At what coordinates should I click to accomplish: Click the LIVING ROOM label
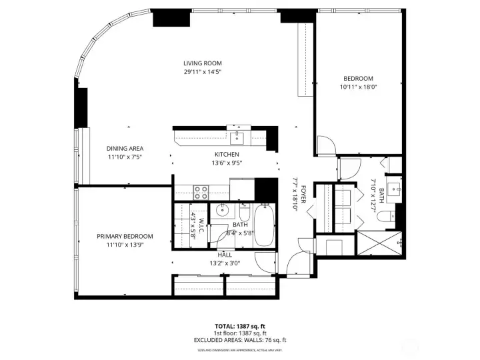click(x=203, y=64)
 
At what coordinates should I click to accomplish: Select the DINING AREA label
click(x=125, y=149)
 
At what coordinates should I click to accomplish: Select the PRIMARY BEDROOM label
click(x=125, y=237)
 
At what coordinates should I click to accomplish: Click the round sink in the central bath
click(x=223, y=213)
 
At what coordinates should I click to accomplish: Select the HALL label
click(x=224, y=255)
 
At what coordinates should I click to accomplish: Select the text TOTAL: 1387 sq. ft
click(x=239, y=326)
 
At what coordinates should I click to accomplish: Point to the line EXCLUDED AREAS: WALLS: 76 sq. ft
click(x=239, y=340)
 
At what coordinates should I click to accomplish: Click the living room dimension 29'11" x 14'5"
click(x=203, y=71)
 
